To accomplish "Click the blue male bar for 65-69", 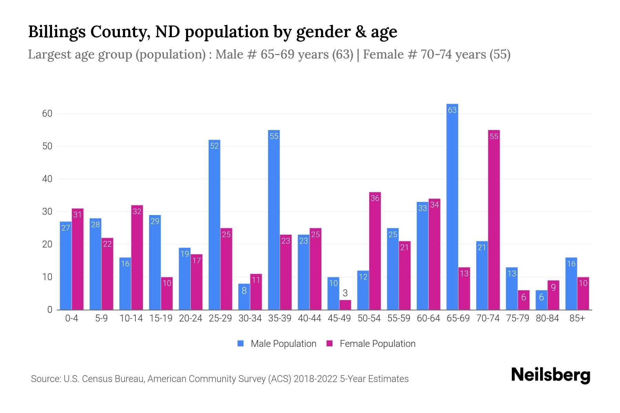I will [452, 206].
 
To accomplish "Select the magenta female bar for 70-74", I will [494, 220].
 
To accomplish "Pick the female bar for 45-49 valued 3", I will [345, 305].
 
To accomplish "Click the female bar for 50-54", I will [375, 251].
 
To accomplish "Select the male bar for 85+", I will [571, 284].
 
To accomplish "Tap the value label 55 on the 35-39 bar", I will [274, 136].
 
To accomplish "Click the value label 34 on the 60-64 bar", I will [434, 205].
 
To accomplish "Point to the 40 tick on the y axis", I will [47, 179].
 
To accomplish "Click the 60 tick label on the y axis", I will [47, 114].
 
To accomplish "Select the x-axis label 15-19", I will [161, 318].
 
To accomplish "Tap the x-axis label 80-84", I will [547, 318].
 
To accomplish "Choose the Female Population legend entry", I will [371, 343].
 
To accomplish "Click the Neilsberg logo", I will [550, 375].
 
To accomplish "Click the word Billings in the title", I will [57, 32].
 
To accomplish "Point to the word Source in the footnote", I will [45, 379].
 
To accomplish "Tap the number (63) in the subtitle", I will [342, 54].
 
